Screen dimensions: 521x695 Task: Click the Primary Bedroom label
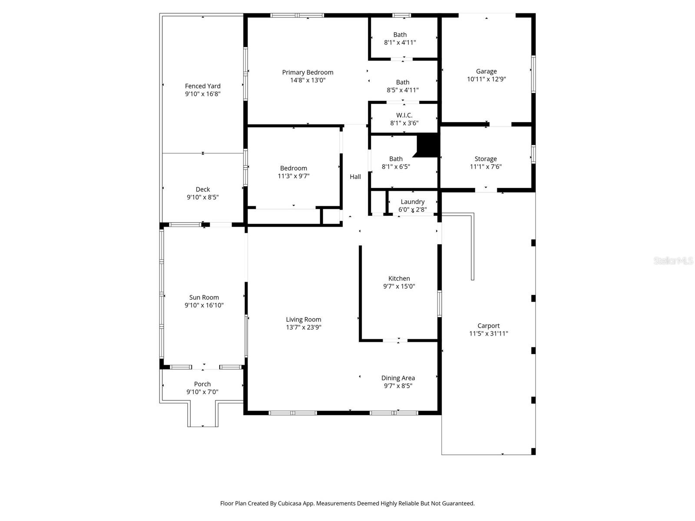pos(308,73)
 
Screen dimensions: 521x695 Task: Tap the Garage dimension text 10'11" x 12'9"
pos(486,79)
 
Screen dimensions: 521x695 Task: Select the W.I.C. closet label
pos(404,115)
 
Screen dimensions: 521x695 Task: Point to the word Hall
pos(355,177)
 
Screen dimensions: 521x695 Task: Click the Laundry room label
pos(412,202)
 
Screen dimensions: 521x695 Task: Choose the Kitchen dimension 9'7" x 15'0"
pos(399,287)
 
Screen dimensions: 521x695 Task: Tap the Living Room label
pos(303,320)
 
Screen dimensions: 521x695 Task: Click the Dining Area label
pos(398,378)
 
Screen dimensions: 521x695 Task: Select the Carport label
pos(488,326)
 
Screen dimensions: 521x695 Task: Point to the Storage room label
pos(485,159)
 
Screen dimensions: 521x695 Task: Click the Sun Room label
pos(204,298)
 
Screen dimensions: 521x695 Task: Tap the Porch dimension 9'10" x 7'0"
pos(202,392)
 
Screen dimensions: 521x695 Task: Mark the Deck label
pos(202,189)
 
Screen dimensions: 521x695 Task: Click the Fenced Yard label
pos(202,86)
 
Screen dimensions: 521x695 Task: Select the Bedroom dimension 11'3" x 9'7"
pos(293,176)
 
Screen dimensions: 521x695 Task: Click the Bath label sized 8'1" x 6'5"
pos(396,159)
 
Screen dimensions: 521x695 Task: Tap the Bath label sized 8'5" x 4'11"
pos(402,82)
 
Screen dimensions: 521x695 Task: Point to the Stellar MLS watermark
pos(673,260)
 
